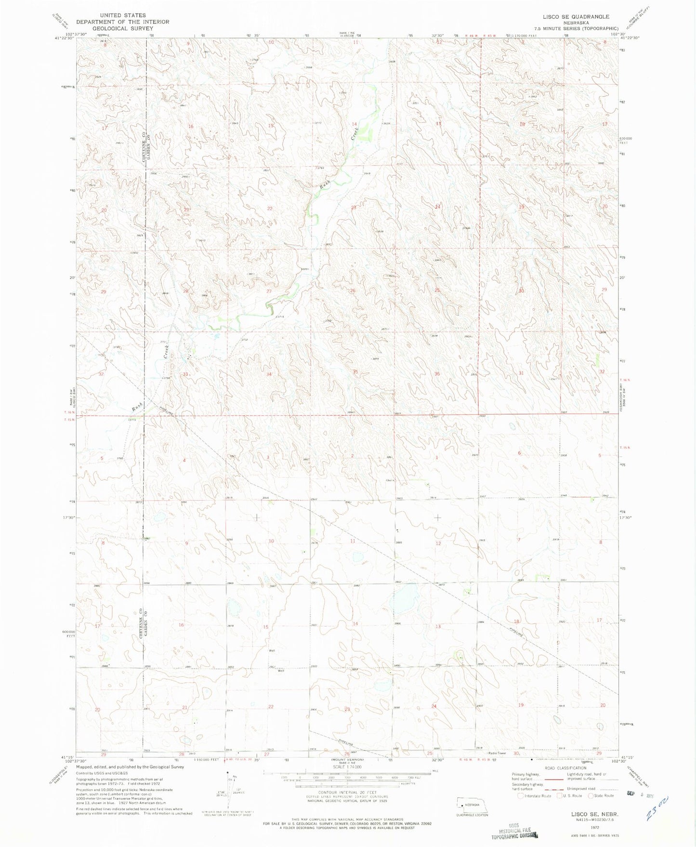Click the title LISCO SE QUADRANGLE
click(x=576, y=17)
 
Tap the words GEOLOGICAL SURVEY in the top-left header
click(x=122, y=28)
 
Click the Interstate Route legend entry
click(x=534, y=795)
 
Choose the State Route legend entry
click(x=601, y=795)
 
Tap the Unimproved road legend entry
click(x=583, y=789)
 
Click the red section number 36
click(x=437, y=374)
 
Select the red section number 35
click(x=355, y=371)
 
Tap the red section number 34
click(x=269, y=374)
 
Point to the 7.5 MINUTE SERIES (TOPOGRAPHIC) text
click(x=580, y=28)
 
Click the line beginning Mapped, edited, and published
click(x=130, y=767)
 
